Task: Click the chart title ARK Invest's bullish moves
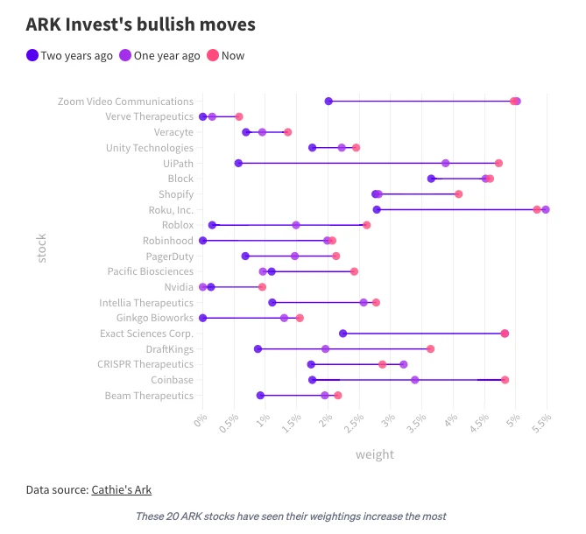[141, 24]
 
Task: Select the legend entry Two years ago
[70, 55]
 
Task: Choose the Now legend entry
[226, 55]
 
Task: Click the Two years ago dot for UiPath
[238, 163]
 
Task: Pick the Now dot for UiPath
[498, 163]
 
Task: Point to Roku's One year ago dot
[546, 209]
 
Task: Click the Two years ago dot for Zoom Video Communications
[328, 102]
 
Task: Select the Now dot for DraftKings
[430, 348]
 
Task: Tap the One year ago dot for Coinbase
[414, 380]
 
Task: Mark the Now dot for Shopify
[458, 193]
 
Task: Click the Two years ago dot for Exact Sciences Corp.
[342, 334]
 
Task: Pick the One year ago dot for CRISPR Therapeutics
[403, 364]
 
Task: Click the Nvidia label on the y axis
[179, 287]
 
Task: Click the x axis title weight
[374, 454]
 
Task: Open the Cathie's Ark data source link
[127, 489]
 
